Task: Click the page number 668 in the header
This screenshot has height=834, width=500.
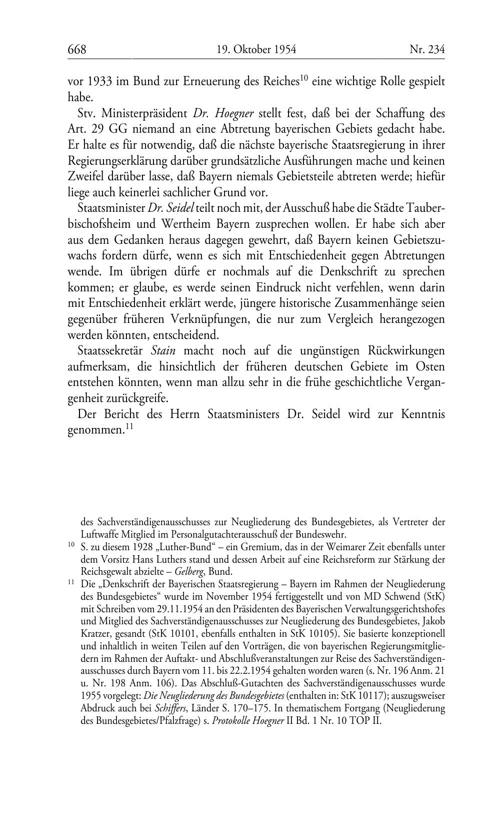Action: [x=77, y=49]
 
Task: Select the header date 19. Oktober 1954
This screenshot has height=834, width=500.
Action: [x=256, y=49]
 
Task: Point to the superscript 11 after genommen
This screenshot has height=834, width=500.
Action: [x=129, y=427]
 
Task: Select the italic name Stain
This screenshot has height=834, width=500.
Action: [x=162, y=351]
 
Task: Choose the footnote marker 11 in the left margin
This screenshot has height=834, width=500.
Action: [x=71, y=583]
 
